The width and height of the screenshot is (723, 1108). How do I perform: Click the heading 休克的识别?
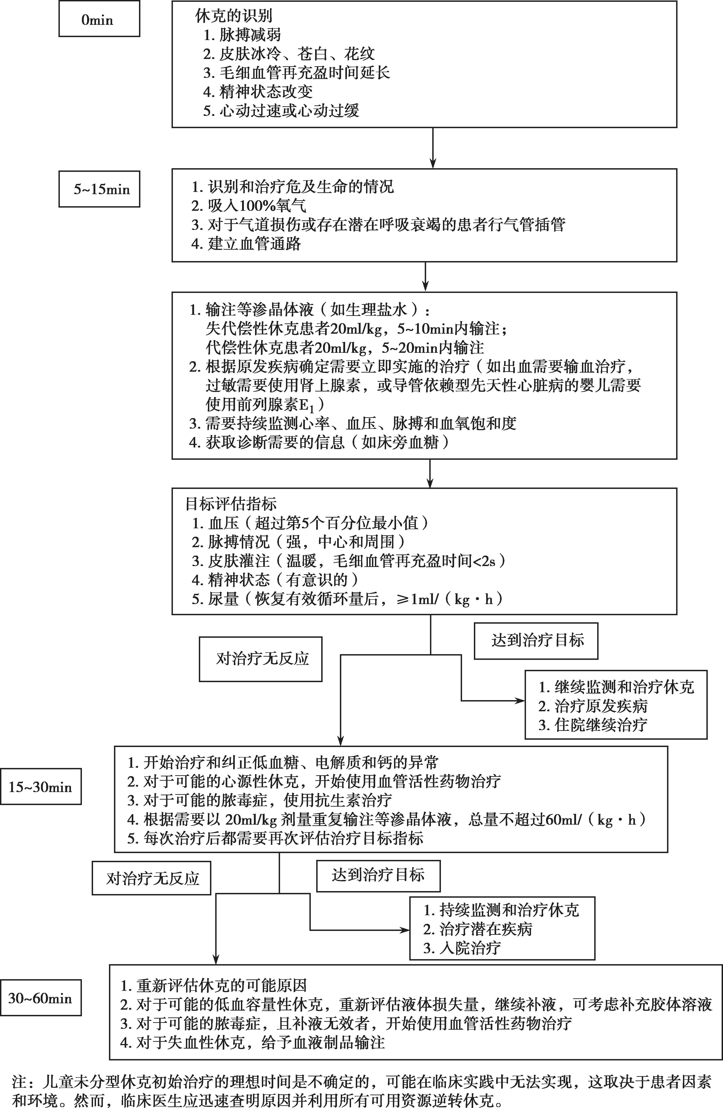coord(234,16)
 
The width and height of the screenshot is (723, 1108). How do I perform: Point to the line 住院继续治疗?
coord(593,725)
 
